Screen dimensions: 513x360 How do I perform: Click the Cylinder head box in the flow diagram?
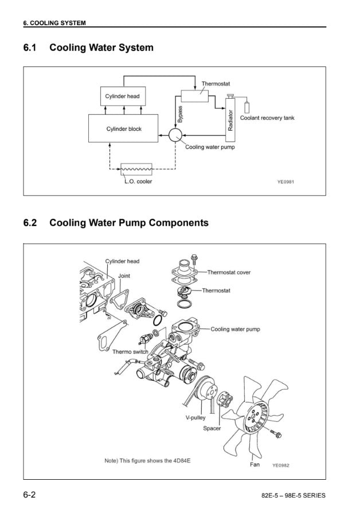(x=122, y=96)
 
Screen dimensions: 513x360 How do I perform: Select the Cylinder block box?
(x=124, y=128)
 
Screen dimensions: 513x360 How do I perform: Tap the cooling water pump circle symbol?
(x=175, y=135)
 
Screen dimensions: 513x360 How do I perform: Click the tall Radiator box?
(x=230, y=122)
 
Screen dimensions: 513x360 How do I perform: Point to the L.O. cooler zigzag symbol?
(x=136, y=169)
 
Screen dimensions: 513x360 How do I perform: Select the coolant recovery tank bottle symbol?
(x=248, y=107)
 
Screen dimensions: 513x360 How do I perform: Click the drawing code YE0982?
(x=281, y=465)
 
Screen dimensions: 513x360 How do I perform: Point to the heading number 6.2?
(x=30, y=222)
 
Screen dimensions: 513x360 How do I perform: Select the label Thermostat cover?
(x=228, y=272)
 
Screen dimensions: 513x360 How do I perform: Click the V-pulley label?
(x=195, y=418)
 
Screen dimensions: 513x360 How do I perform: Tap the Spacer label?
(x=212, y=428)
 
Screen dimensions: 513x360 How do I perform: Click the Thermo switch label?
(x=130, y=352)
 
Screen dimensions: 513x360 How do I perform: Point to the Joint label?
(x=124, y=276)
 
